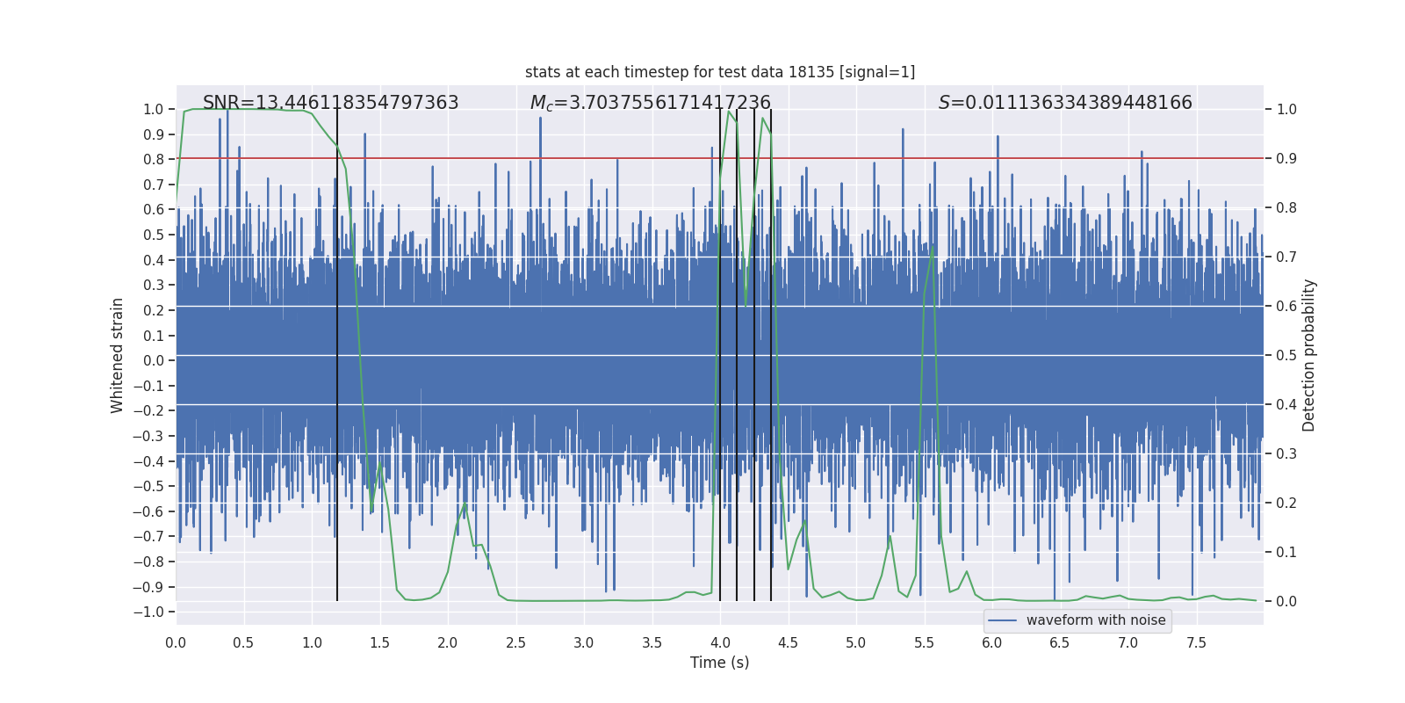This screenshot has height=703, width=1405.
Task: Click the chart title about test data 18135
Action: pyautogui.click(x=720, y=72)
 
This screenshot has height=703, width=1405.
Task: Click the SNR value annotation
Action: pyautogui.click(x=330, y=103)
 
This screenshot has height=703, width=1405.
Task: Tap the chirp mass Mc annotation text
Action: pyautogui.click(x=650, y=103)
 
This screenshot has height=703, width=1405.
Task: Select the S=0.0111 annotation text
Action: pyautogui.click(x=1065, y=103)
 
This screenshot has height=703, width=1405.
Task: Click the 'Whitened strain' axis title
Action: pyautogui.click(x=118, y=355)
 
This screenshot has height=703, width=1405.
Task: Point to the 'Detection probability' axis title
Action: pyautogui.click(x=1308, y=355)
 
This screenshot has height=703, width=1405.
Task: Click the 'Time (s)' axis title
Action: pyautogui.click(x=719, y=663)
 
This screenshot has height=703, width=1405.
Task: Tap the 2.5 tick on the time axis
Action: pyautogui.click(x=515, y=643)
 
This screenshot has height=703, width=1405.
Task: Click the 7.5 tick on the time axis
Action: pyautogui.click(x=1196, y=643)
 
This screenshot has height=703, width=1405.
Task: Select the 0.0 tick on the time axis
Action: pyautogui.click(x=176, y=643)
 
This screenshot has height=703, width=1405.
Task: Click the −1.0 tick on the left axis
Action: pyautogui.click(x=153, y=612)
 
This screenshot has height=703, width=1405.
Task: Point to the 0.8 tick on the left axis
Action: pyautogui.click(x=154, y=159)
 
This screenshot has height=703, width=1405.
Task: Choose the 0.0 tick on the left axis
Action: pyautogui.click(x=154, y=360)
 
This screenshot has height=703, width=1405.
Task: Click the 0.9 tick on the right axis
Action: pyautogui.click(x=1286, y=158)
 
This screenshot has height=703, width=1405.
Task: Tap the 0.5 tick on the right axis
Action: pyautogui.click(x=1286, y=355)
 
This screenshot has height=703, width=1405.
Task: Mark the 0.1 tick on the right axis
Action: pyautogui.click(x=1286, y=552)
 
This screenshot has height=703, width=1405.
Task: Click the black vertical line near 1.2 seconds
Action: pyautogui.click(x=337, y=351)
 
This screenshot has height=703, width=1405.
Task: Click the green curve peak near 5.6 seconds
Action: pyautogui.click(x=932, y=248)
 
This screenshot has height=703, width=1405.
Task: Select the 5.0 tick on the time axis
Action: pyautogui.click(x=855, y=643)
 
